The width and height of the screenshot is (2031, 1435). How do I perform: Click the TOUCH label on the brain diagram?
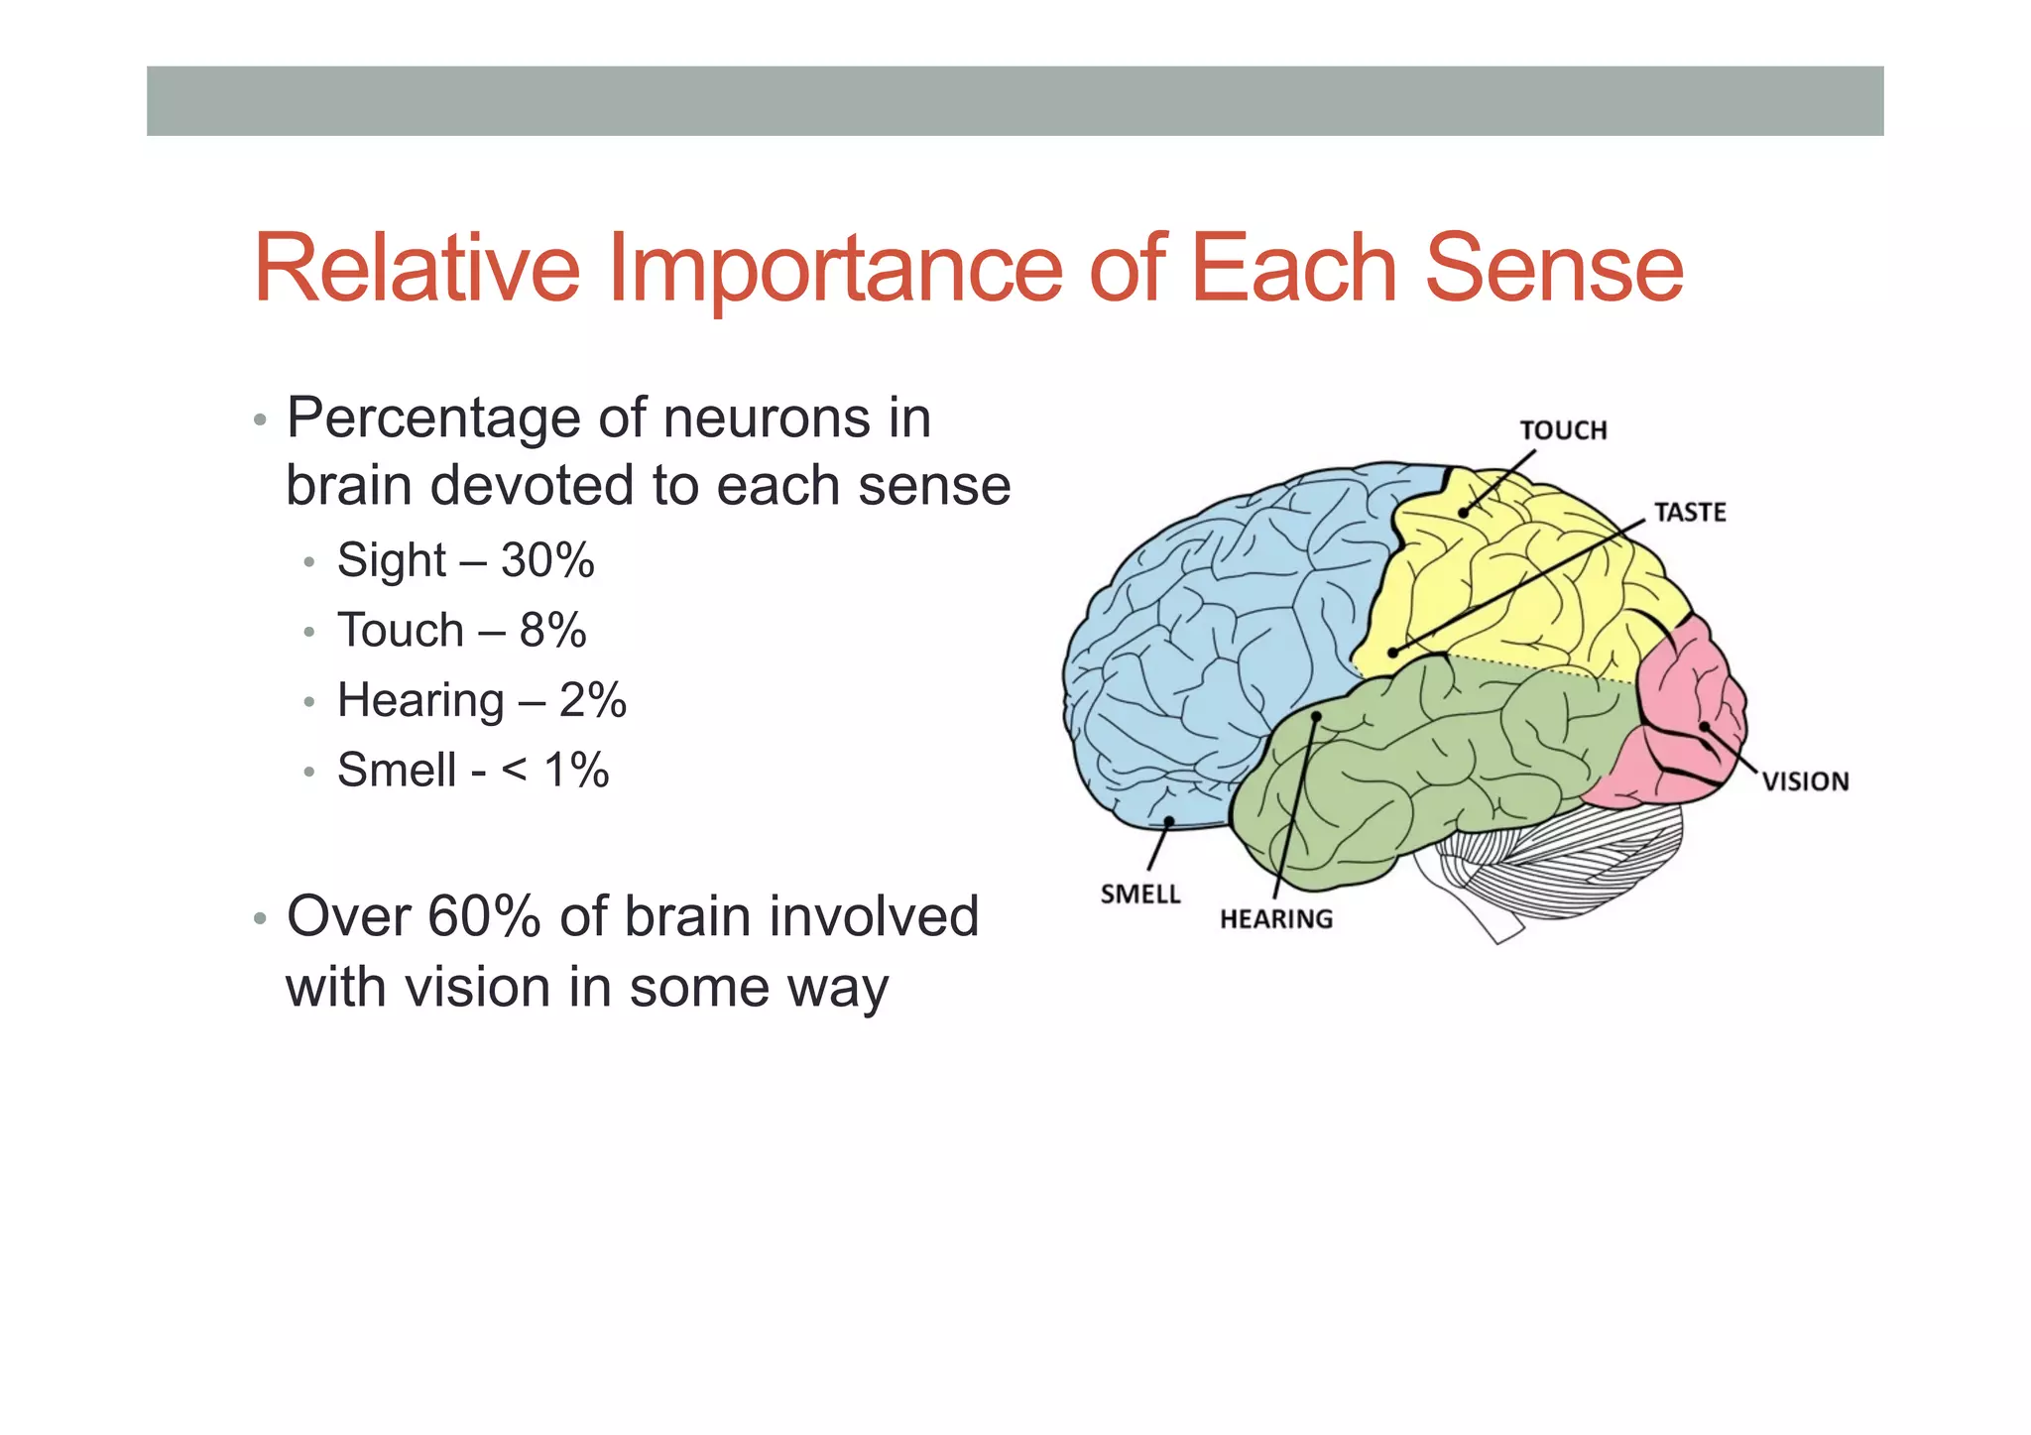point(1563,430)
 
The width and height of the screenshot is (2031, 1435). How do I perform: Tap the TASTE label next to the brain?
point(1690,513)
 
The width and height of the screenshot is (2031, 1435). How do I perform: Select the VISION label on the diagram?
point(1805,781)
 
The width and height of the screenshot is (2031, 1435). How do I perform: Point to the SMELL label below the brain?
point(1140,895)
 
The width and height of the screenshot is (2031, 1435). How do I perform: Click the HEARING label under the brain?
point(1276,919)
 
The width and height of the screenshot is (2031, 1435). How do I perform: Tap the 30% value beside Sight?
point(547,560)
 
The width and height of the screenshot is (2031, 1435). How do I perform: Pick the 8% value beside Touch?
point(552,631)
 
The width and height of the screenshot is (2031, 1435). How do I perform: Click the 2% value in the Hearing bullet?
point(592,700)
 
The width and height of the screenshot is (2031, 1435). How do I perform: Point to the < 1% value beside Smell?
point(555,771)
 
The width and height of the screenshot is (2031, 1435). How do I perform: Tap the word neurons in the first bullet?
point(768,419)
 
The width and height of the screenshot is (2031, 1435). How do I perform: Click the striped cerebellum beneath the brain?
point(1567,853)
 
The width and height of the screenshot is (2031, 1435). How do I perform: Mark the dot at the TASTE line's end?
point(1393,653)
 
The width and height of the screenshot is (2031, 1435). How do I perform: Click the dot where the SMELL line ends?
point(1170,820)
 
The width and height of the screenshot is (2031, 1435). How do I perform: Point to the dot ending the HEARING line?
point(1317,715)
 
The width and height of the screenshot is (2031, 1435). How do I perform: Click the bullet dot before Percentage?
point(260,420)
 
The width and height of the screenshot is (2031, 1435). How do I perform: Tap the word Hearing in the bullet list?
point(420,700)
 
